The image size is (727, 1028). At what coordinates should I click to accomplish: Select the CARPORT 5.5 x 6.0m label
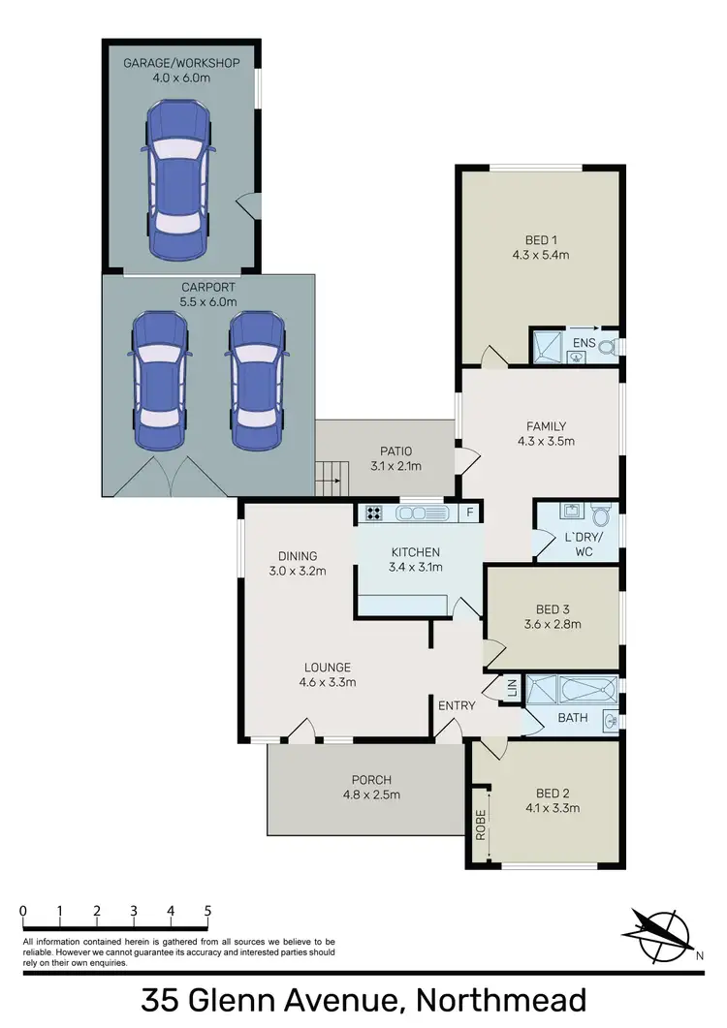click(207, 295)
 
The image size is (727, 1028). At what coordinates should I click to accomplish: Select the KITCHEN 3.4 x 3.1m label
click(416, 560)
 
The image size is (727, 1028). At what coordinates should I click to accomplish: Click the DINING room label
click(298, 563)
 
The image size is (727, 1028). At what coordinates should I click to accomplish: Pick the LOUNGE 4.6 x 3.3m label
click(327, 674)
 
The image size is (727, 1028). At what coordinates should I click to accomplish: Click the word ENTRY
click(457, 705)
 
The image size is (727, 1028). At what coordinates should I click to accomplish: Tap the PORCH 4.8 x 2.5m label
click(372, 787)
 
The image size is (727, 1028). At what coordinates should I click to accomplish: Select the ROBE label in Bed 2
click(480, 824)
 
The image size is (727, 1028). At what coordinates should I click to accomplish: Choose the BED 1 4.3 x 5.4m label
click(540, 248)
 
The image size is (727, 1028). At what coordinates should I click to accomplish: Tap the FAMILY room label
click(546, 433)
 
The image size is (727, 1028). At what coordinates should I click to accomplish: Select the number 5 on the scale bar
click(207, 911)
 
